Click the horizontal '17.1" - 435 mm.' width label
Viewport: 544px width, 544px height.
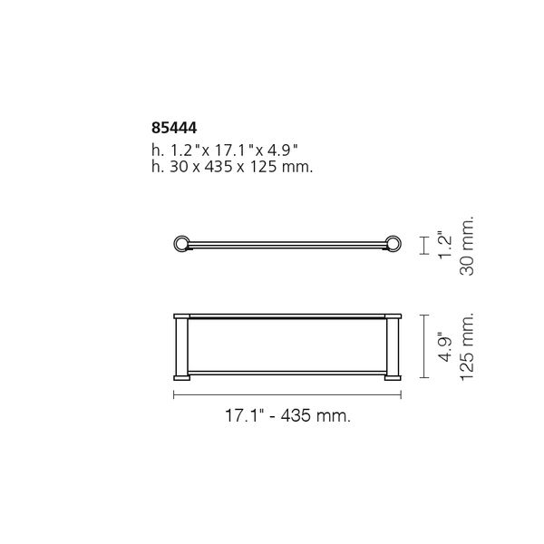pyautogui.click(x=287, y=416)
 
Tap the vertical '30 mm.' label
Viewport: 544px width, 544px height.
pyautogui.click(x=468, y=246)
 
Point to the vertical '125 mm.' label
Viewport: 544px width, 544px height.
pyautogui.click(x=468, y=347)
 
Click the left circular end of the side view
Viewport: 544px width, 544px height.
pyautogui.click(x=180, y=243)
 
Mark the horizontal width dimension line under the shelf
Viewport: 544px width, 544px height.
pyautogui.click(x=287, y=394)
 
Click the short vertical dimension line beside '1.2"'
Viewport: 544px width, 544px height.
pyautogui.click(x=423, y=245)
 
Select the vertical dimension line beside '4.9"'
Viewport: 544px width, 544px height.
pyautogui.click(x=423, y=347)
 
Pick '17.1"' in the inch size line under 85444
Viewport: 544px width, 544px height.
pyautogui.click(x=220, y=149)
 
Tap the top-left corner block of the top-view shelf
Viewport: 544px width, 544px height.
pyautogui.click(x=180, y=318)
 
